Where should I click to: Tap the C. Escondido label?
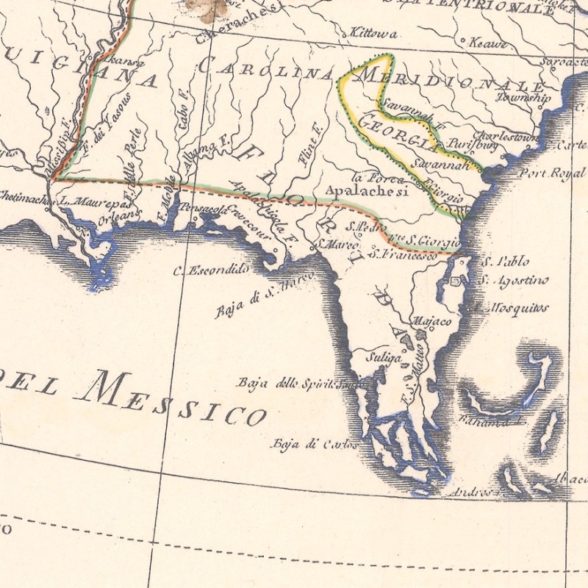coord(211,270)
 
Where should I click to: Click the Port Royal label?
coord(545,173)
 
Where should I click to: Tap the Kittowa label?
coord(374,34)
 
